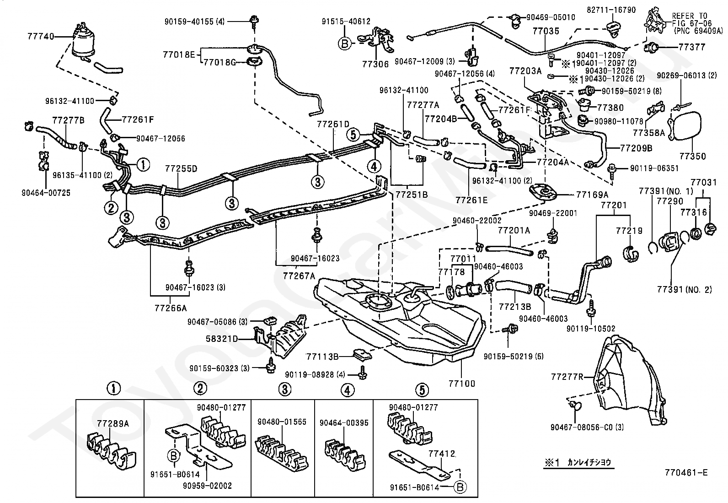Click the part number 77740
pos(41,36)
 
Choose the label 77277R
pos(567,377)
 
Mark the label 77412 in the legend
pos(442,454)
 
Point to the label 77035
pos(546,32)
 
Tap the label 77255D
pos(181,169)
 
